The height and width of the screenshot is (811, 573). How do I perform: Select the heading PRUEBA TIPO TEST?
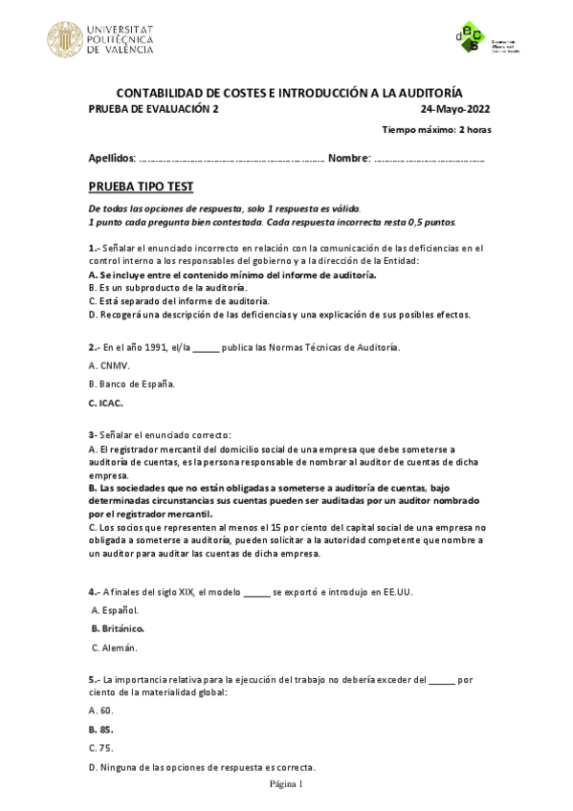tap(141, 186)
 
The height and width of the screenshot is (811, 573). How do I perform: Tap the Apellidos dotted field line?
tap(231, 158)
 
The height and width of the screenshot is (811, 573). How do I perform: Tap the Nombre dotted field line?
tap(429, 158)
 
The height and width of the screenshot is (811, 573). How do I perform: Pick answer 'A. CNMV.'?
tap(108, 365)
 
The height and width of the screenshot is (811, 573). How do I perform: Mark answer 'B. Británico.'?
tap(118, 628)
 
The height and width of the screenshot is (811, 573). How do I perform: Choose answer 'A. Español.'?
tap(115, 610)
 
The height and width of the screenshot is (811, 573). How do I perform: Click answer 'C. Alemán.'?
tap(115, 647)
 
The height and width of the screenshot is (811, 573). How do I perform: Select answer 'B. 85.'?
tap(100, 729)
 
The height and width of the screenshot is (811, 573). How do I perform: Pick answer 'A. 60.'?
tap(100, 711)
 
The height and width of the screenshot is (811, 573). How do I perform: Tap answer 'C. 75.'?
tap(100, 748)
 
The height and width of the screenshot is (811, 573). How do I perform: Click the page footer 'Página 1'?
tap(285, 784)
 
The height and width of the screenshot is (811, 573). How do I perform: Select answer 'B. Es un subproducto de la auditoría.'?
tap(167, 287)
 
